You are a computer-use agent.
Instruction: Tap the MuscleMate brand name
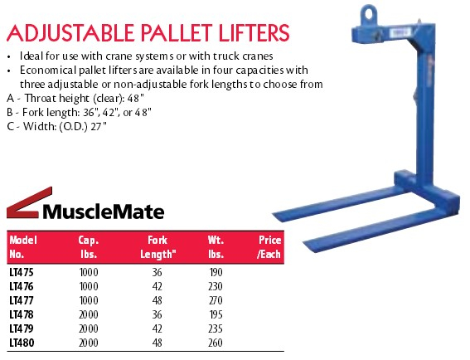[x=104, y=212]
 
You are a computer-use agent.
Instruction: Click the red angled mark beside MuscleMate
[x=29, y=202]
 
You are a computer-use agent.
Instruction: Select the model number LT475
[x=22, y=272]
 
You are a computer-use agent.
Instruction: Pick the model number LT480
[x=22, y=343]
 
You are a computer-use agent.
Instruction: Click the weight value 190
[x=216, y=272]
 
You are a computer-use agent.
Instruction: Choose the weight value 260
[x=216, y=343]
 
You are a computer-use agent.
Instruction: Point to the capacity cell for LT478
[x=89, y=314]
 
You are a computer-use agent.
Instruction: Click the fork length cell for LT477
[x=157, y=300]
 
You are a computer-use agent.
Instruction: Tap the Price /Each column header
[x=269, y=247]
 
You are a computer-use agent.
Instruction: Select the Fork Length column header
[x=158, y=247]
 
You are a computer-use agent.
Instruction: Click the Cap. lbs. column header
[x=89, y=247]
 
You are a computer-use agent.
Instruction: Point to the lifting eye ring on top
[x=369, y=14]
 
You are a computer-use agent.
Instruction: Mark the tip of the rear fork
[x=274, y=215]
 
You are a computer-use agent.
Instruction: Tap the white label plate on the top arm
[x=400, y=32]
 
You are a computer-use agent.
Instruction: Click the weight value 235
[x=216, y=328]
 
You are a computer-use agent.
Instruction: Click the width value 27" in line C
[x=99, y=126]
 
